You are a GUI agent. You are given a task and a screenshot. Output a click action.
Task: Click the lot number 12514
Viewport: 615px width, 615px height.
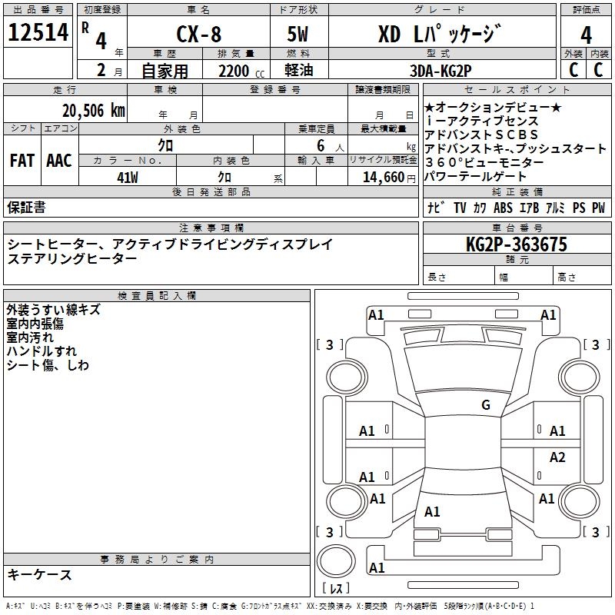coord(38,33)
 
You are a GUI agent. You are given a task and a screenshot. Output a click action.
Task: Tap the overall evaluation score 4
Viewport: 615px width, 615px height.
coord(586,34)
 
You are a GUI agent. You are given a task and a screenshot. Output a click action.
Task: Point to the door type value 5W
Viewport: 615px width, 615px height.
coord(299,35)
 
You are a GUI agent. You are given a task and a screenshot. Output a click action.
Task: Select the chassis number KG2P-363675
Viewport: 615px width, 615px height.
coord(516,244)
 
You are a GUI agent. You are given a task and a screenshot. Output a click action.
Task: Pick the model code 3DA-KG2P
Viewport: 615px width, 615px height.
coord(440,71)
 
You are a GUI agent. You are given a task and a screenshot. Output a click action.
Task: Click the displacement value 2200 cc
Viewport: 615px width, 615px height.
coord(235,71)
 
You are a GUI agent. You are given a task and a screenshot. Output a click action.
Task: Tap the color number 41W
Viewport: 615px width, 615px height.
coord(127,177)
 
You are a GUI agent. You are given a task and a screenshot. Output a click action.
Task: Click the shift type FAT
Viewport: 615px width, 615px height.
coord(22,161)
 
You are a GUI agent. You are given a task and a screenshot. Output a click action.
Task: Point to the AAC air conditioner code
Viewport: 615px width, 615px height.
coord(58,161)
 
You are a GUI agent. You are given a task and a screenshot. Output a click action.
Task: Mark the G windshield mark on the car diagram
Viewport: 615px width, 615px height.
coord(485,405)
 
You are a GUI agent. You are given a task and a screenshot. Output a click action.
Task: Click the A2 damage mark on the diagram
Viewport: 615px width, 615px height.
coord(557,457)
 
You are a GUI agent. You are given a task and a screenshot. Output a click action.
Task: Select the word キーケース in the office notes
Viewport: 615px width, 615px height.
coord(39,574)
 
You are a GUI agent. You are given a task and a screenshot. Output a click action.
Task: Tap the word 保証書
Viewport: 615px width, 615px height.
coord(26,207)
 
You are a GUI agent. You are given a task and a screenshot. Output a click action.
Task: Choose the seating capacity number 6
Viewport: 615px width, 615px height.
coord(318,145)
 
